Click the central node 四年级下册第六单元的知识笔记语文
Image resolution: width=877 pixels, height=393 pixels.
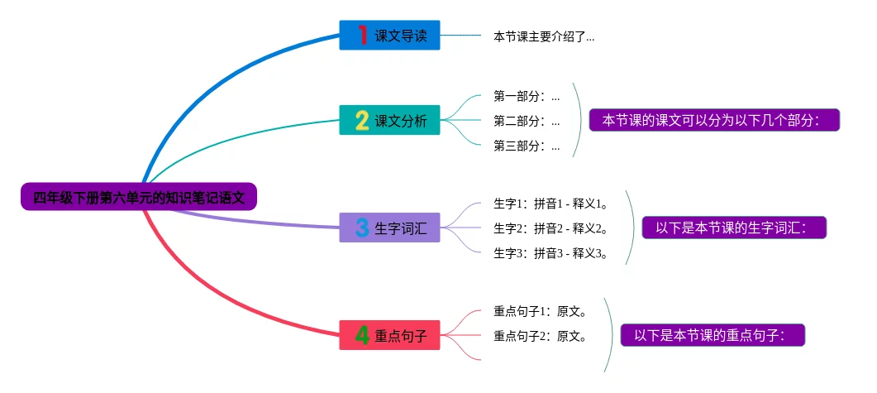139,197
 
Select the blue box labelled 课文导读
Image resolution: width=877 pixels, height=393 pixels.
389,36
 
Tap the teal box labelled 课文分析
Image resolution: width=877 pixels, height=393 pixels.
389,120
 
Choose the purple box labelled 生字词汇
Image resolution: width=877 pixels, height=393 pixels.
389,228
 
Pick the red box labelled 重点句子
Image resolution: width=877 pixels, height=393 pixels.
389,335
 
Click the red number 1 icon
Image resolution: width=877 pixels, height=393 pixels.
362,36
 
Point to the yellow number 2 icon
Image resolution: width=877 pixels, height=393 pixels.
362,120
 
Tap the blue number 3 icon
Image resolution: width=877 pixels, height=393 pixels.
362,228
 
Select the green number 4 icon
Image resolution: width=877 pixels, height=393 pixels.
362,335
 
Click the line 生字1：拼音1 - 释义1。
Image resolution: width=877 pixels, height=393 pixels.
551,204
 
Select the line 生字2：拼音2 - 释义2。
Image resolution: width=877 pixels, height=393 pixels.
551,228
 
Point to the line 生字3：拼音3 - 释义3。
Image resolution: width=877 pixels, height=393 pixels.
551,254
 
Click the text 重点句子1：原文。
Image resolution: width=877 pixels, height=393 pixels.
541,311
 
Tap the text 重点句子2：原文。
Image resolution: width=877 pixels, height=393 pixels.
541,336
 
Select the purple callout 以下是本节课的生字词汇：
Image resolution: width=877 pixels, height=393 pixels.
734,228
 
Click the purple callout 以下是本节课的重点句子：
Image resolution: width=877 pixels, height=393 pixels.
713,335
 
